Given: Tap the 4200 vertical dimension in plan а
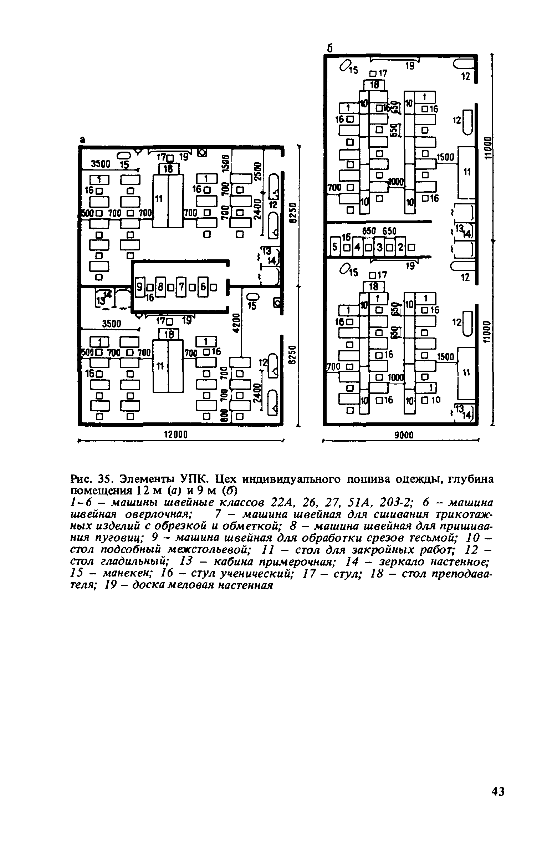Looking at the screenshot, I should coord(236,323).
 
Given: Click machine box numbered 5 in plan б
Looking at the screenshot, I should coord(334,247).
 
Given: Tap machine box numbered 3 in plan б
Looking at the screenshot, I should coord(379,247).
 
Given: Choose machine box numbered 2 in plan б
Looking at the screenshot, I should coord(400,247).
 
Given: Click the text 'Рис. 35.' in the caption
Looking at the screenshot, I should coord(91,478).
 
